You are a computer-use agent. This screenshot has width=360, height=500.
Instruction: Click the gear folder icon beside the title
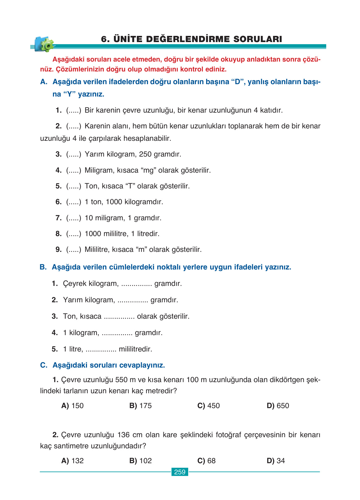click(x=44, y=44)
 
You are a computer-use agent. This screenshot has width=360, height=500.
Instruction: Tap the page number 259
click(x=180, y=472)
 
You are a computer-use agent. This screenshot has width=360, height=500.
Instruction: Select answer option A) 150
click(x=73, y=406)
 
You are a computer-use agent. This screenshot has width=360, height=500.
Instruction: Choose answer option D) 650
click(x=278, y=406)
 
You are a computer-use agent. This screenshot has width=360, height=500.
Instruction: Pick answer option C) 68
click(x=206, y=461)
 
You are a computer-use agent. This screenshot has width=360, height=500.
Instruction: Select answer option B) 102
click(x=141, y=461)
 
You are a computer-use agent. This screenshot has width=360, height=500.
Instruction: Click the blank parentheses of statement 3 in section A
click(x=74, y=154)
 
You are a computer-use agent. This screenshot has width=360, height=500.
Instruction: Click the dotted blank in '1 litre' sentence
click(x=101, y=349)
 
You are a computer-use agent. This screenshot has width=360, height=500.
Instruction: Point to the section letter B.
click(x=43, y=267)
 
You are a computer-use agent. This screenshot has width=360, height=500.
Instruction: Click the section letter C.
click(x=44, y=365)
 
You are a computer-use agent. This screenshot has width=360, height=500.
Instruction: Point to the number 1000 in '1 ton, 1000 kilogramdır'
click(x=114, y=202)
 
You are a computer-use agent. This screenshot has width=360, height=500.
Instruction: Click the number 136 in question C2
click(x=124, y=435)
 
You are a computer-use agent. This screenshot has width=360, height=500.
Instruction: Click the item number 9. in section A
click(x=59, y=249)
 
